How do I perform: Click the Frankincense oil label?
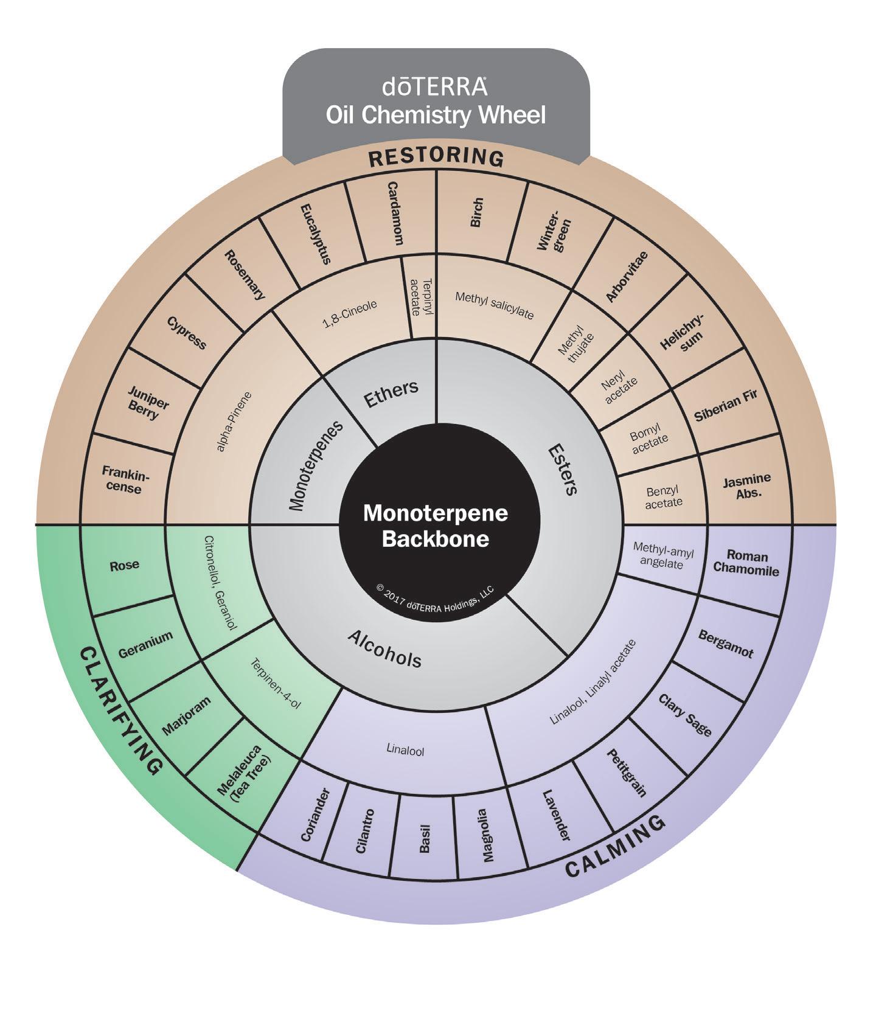(x=125, y=479)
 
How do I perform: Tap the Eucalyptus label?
(x=316, y=234)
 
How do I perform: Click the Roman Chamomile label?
(x=746, y=563)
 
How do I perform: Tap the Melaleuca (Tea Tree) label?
(x=243, y=779)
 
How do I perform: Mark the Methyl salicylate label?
(x=494, y=305)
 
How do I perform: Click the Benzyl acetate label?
(x=663, y=496)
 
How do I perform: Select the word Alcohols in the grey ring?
(x=384, y=648)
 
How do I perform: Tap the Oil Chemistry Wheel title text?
(x=435, y=114)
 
